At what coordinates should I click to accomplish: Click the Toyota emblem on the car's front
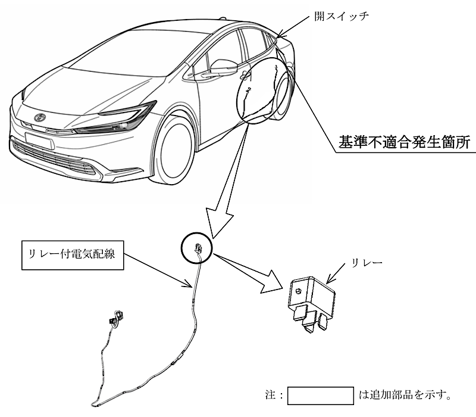(x=40, y=117)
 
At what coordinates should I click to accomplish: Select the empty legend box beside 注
(x=321, y=395)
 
